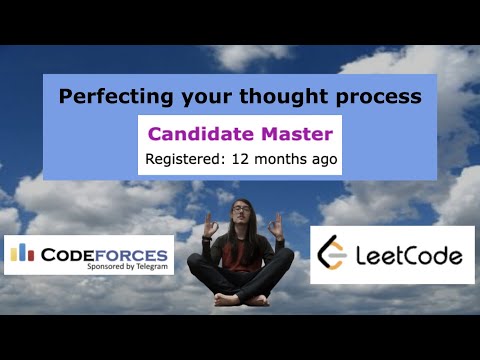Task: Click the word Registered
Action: [184, 159]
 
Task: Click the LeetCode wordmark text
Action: [408, 256]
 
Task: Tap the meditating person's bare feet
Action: [240, 298]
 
